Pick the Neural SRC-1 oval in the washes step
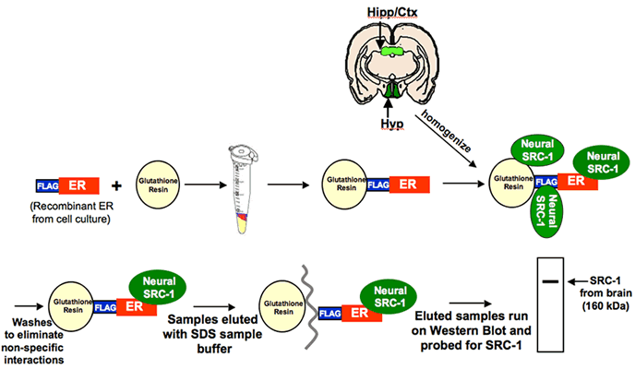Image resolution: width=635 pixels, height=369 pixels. point(157,283)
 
